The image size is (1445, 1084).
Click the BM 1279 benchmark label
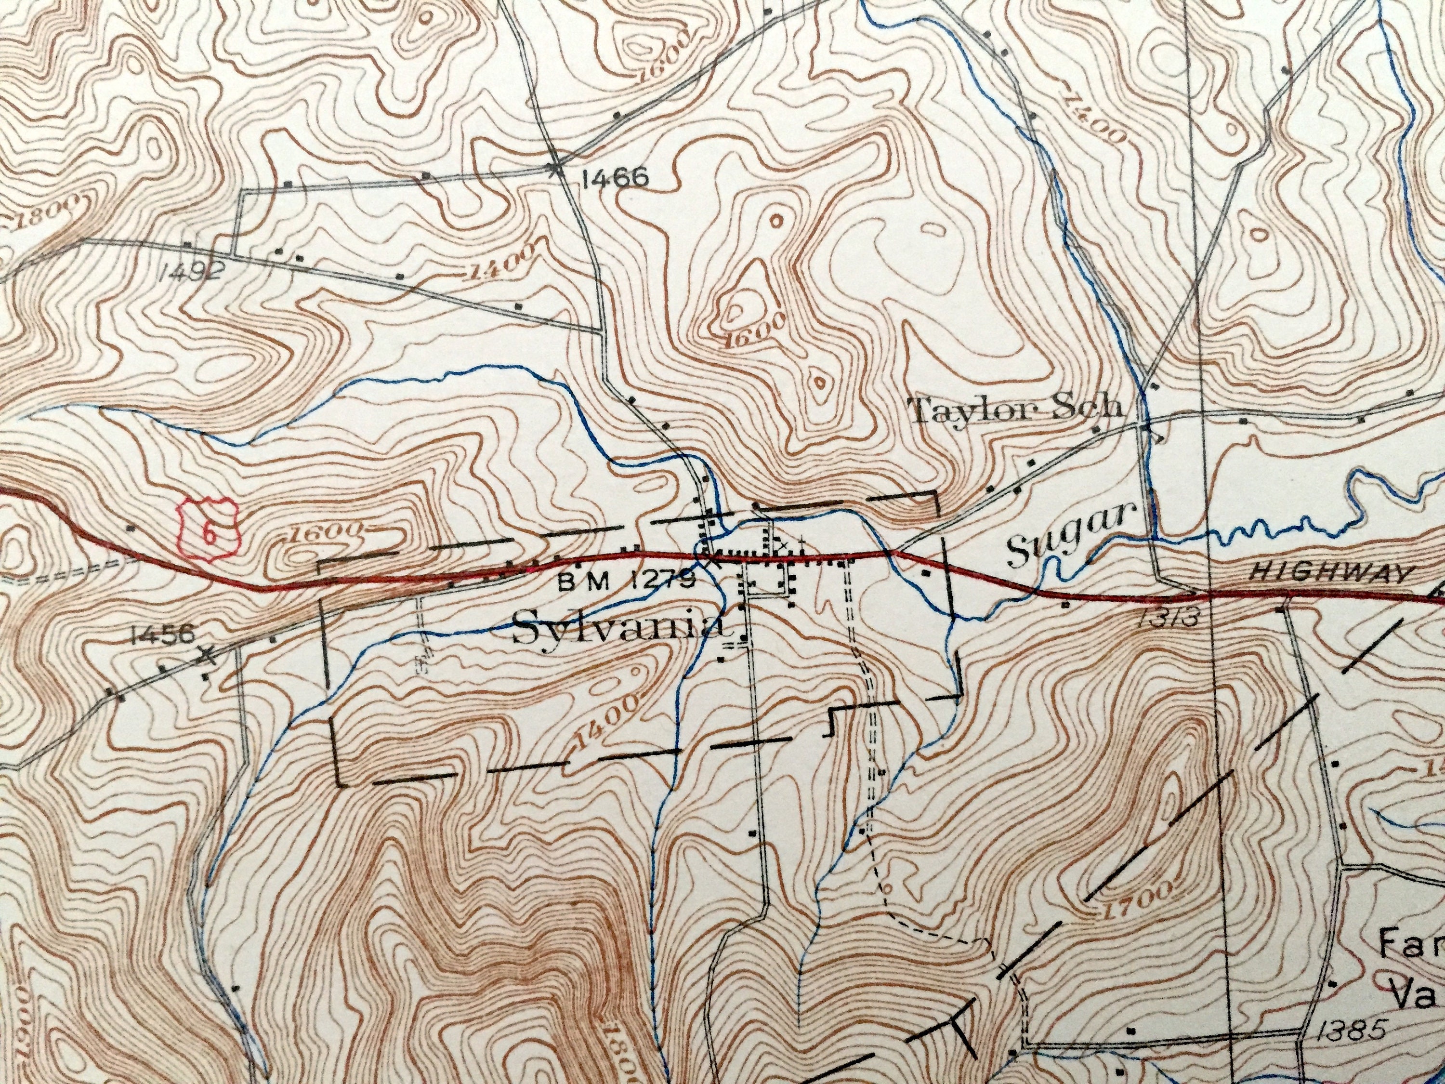click(x=626, y=580)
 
